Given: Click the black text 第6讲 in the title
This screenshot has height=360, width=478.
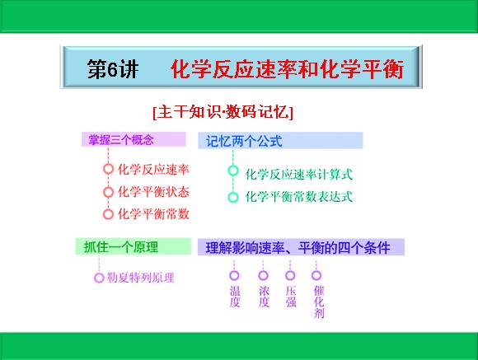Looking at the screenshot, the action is click(112, 69).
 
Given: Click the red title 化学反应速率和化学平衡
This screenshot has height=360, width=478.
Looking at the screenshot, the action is click(287, 69).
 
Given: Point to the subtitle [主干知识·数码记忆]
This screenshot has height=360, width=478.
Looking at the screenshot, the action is click(223, 112).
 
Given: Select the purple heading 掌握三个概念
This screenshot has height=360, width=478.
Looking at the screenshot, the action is click(121, 139).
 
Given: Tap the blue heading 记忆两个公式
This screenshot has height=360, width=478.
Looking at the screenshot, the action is click(244, 141).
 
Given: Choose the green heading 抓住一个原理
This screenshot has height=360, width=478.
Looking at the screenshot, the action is click(121, 246).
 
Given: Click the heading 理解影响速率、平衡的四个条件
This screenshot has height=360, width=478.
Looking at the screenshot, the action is click(298, 247).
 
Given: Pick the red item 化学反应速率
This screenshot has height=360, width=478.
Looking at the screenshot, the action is click(153, 170).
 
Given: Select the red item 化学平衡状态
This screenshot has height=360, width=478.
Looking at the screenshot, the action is click(153, 192).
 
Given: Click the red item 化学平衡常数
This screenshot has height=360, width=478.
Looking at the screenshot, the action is click(153, 214).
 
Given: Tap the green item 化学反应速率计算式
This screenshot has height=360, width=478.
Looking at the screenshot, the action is click(298, 175).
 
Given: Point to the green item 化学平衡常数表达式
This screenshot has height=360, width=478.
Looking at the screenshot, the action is click(298, 197).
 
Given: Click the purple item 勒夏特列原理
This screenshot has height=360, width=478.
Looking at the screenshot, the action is click(141, 278).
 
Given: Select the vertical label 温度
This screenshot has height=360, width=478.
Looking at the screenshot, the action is click(235, 297).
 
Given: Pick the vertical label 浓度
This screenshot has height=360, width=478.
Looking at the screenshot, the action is click(264, 297).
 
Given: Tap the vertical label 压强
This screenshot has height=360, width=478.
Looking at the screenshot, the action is click(291, 297).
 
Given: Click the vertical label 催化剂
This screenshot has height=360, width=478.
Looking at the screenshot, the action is click(319, 302).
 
